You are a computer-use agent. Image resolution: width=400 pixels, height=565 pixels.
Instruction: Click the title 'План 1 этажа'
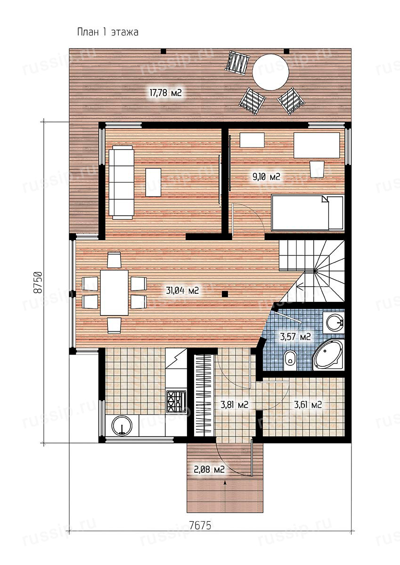[x=108, y=32]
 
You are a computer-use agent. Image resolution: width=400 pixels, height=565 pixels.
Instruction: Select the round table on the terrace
[x=271, y=72]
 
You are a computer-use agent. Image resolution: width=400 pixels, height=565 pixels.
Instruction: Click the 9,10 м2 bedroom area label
[x=267, y=177]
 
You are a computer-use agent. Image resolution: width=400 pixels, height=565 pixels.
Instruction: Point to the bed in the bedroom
[x=307, y=213]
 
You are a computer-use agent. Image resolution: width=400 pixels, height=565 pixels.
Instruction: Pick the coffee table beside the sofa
[x=153, y=182]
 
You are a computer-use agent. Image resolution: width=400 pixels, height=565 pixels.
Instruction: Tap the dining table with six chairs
[x=114, y=292]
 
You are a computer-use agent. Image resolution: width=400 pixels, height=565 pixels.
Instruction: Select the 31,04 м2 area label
[x=182, y=291]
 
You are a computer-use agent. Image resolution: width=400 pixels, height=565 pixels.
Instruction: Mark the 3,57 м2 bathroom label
[x=295, y=337]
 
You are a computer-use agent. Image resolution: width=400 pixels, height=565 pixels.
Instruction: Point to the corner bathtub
[x=328, y=355]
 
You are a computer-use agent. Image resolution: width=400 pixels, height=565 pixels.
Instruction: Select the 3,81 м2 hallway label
[x=235, y=405]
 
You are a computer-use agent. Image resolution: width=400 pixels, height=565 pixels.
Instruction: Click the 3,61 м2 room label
[x=308, y=405]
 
